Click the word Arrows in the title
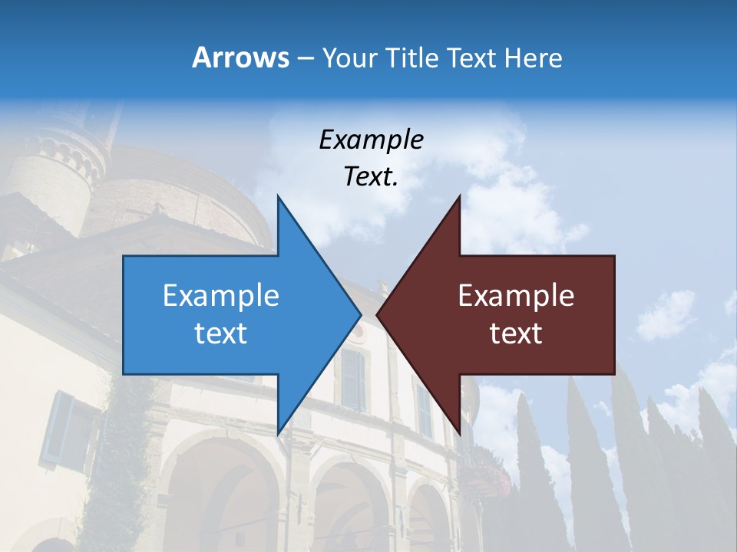(240, 58)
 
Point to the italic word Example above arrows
(371, 140)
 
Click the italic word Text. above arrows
(371, 176)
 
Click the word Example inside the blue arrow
(221, 295)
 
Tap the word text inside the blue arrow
(221, 333)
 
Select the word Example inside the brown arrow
(516, 295)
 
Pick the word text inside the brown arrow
(516, 333)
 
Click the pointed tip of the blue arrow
(360, 314)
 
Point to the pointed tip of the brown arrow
(378, 314)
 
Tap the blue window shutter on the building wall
(58, 429)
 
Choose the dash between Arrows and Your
(304, 58)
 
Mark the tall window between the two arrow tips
(353, 379)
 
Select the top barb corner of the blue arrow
(278, 196)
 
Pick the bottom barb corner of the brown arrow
(460, 433)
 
